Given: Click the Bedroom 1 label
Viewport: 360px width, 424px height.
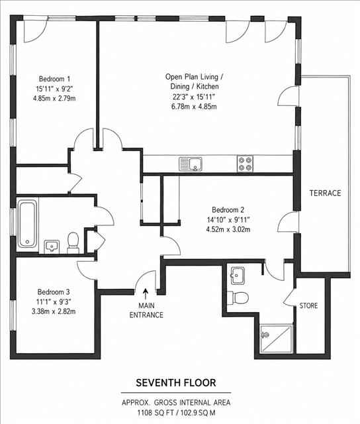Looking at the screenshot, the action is pos(54,79).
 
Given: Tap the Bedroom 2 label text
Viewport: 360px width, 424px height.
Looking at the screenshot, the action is pos(228,209).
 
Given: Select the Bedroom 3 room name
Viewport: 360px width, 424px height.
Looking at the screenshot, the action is pos(54,292).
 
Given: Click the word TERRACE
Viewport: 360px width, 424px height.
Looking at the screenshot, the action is pos(325,193).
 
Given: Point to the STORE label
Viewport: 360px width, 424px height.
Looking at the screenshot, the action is pos(308,305).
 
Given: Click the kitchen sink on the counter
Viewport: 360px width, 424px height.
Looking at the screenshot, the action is pos(191,164).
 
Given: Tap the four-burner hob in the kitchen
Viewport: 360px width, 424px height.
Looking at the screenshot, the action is pos(246,164).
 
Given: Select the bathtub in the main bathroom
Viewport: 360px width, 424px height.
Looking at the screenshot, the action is pos(27,224).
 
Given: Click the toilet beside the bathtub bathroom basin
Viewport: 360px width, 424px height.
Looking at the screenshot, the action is pos(73,243).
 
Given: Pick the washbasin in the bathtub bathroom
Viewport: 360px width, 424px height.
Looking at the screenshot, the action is pos(52,246).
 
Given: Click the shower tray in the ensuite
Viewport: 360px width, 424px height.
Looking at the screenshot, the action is pos(276,339).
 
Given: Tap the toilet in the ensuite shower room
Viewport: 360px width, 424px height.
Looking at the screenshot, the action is pos(238,297).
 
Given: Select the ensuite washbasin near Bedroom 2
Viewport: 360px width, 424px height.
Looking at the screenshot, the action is pos(238,276).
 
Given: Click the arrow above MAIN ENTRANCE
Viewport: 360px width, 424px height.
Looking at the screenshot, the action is pos(146,293).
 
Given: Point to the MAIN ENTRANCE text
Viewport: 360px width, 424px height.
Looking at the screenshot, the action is pos(146,310).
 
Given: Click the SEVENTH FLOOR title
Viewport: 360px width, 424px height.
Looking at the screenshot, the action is pos(176,383).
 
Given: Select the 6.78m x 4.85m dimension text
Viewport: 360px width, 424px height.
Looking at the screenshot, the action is pos(194,107).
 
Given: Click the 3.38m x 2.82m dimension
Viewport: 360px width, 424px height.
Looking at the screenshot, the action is pos(54,311).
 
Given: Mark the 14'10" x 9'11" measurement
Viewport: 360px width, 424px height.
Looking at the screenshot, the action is pos(228,219).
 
